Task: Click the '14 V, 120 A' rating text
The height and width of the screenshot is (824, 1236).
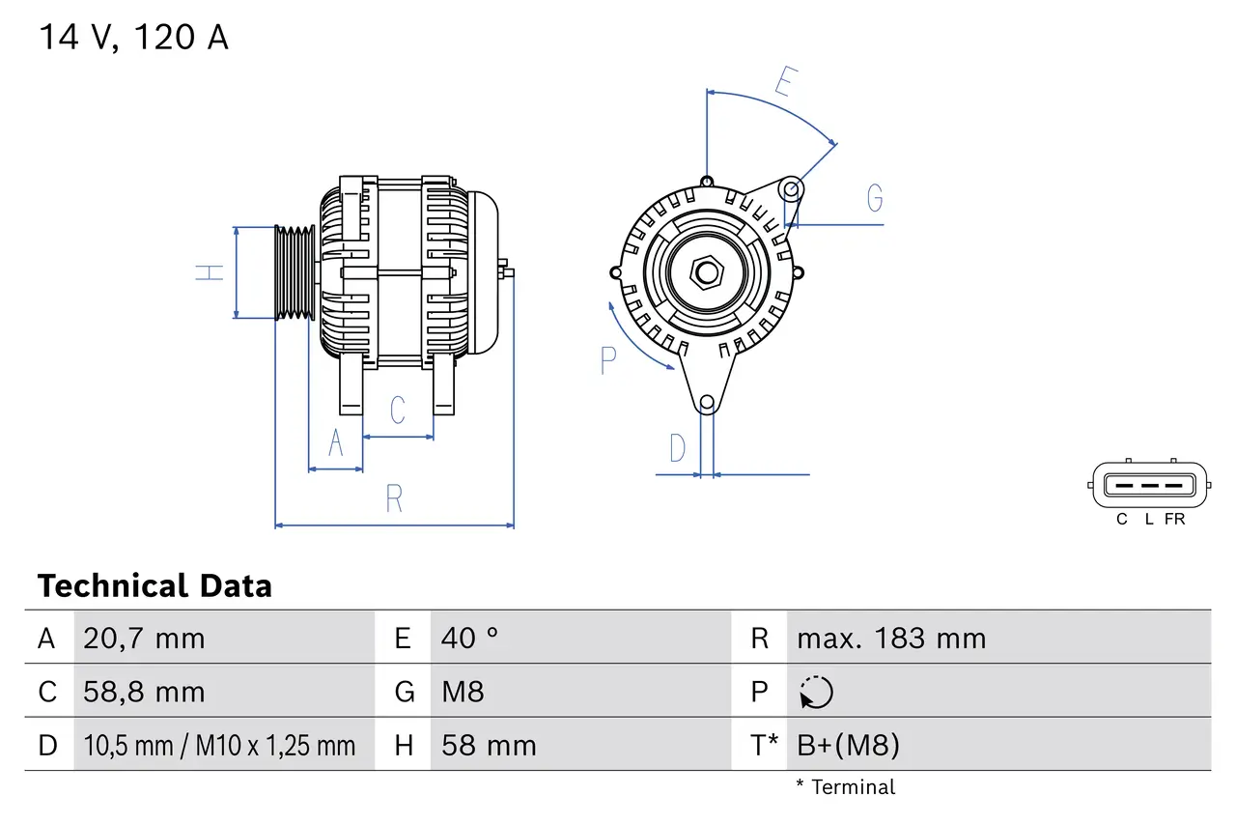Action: pos(133,38)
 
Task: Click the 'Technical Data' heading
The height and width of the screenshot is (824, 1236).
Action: pos(154,586)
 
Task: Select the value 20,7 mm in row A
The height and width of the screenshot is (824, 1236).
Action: pos(144,639)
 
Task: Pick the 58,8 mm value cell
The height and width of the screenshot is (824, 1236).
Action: pos(144,692)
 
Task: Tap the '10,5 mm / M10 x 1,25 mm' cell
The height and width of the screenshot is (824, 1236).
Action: pos(219,745)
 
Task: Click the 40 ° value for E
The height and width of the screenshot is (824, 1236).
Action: pos(469,639)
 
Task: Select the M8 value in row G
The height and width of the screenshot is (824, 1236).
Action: pos(463,692)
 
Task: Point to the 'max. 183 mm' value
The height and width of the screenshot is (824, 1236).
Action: pos(890,639)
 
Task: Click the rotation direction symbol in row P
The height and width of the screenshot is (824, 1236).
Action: pos(816,692)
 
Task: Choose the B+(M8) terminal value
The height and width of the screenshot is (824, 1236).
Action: pos(848,745)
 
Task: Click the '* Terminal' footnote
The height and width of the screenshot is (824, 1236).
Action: pos(845,787)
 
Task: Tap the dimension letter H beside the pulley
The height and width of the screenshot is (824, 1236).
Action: pos(210,272)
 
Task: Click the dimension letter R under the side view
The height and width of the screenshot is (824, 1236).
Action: pos(394,499)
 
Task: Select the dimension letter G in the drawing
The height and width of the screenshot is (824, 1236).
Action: pos(875,198)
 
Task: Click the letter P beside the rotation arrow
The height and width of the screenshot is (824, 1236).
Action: pos(607,360)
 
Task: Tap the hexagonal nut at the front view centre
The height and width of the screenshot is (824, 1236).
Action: pos(707,272)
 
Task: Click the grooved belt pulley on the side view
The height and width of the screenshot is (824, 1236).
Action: pos(295,272)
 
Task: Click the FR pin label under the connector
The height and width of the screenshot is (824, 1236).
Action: pos(1174,520)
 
